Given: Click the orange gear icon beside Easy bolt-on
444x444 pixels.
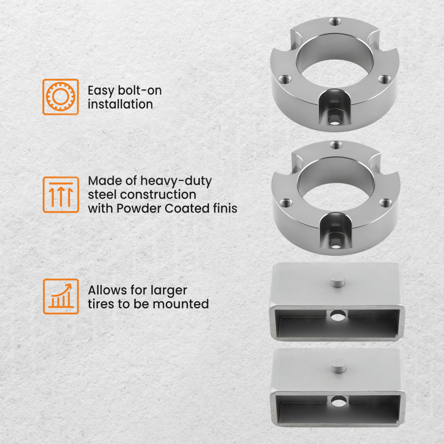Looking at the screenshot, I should coord(60,97).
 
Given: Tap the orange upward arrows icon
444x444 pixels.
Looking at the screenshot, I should coord(60,194).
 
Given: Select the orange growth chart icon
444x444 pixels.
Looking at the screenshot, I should coord(60,296).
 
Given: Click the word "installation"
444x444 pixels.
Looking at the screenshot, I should coord(120,104).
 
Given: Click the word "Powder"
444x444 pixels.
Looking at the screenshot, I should coord(139,208).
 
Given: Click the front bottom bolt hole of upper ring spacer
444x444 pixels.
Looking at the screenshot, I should coord(334,119).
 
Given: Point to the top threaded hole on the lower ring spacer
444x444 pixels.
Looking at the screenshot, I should coord(336,144).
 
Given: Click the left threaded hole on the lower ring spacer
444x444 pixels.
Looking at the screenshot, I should coord(285,203).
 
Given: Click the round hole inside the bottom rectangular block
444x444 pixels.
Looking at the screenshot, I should coord(339,401).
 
